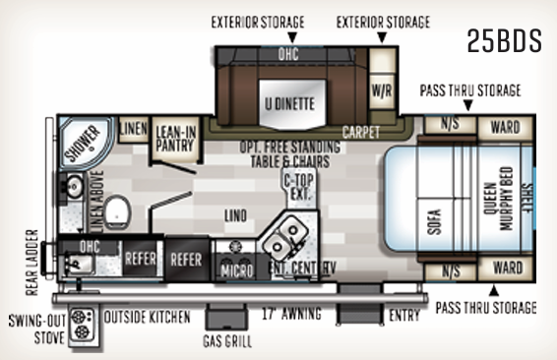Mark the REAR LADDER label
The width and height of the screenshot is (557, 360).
(x=31, y=264)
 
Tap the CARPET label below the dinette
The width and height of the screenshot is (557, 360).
(x=363, y=131)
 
